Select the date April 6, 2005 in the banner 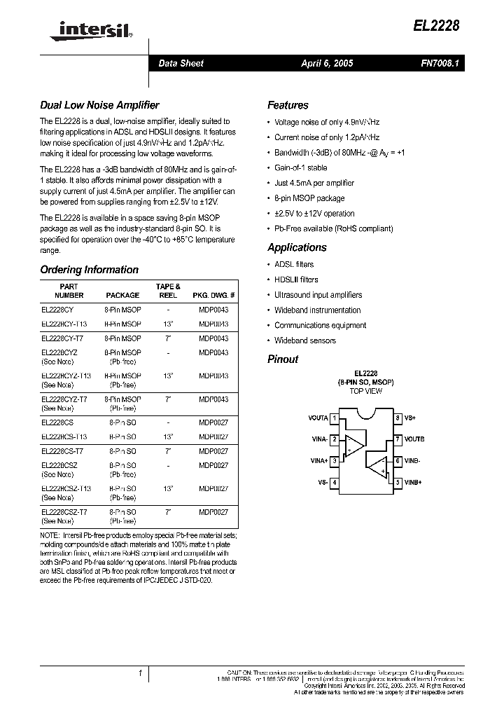click(327, 64)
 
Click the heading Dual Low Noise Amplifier click(99, 105)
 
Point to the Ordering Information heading click(89, 270)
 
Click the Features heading click(288, 105)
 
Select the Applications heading click(297, 247)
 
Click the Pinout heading click(283, 359)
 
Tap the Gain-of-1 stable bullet click(300, 168)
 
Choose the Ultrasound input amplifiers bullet click(318, 295)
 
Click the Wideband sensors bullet click(304, 340)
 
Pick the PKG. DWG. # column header click(213, 296)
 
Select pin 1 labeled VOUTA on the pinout click(335, 418)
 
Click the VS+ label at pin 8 click(410, 418)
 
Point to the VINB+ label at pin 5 click(414, 483)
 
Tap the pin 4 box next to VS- click(335, 483)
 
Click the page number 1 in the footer click(141, 673)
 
